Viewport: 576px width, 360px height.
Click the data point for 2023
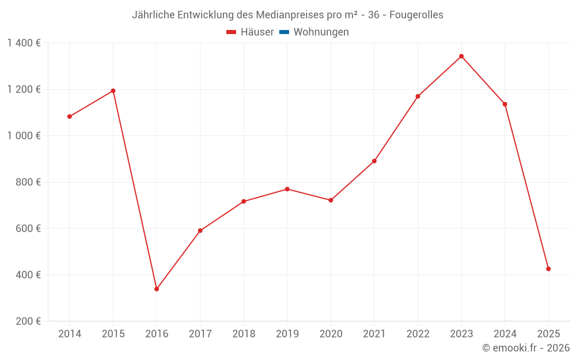pos(461,56)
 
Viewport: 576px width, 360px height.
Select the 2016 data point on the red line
pos(157,289)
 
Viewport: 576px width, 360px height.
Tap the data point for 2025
pos(548,269)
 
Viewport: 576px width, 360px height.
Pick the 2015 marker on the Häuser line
pos(113,91)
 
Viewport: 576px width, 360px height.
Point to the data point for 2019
pos(287,189)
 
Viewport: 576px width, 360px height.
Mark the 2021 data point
pos(374,161)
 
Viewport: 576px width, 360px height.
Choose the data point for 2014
pos(70,116)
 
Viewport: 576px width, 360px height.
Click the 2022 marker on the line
pos(418,97)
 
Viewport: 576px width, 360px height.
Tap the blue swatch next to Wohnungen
pos(284,32)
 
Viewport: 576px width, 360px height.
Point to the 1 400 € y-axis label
pos(24,43)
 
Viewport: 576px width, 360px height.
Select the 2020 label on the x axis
pos(331,334)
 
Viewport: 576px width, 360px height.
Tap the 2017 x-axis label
pos(200,334)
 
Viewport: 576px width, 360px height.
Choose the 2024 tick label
pos(505,334)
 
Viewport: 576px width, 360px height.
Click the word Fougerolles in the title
pos(416,15)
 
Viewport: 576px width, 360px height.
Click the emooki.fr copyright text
pos(526,348)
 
